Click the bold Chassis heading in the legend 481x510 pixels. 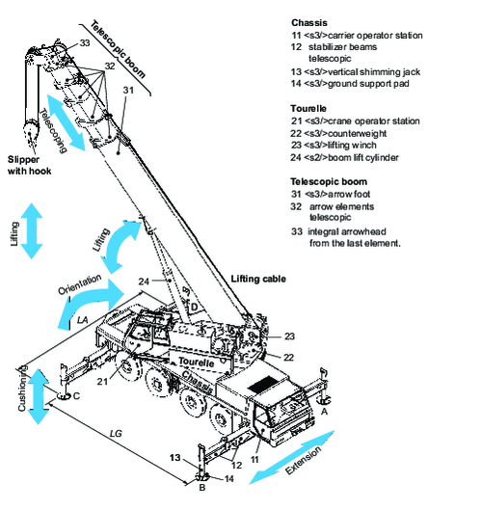point(310,21)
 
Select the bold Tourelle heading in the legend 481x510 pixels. point(311,108)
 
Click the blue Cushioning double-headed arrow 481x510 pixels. point(38,395)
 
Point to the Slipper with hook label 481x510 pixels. point(33,165)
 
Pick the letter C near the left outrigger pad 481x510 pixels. point(76,395)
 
